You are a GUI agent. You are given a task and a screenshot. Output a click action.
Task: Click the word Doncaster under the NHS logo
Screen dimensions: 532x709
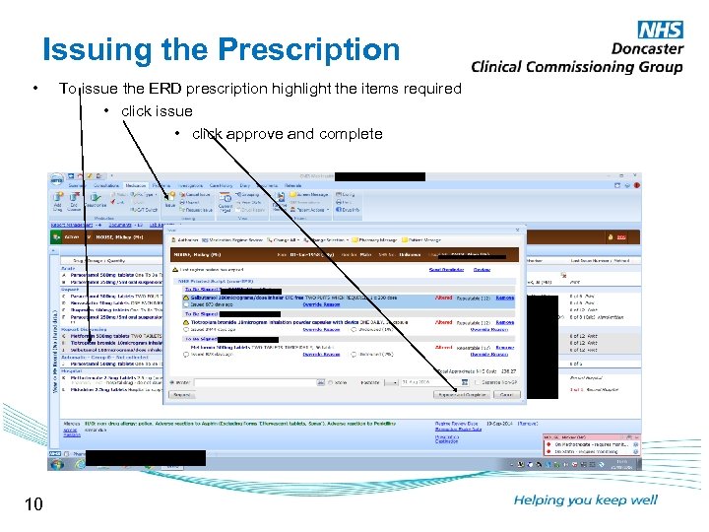(x=647, y=48)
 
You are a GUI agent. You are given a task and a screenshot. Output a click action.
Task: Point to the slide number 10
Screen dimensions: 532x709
(x=33, y=504)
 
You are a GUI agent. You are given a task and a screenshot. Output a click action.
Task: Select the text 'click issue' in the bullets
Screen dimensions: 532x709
(x=157, y=111)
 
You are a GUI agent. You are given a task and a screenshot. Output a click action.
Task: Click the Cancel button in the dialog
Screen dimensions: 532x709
(x=506, y=394)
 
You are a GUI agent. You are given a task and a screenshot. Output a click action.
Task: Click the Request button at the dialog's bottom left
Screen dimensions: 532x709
(x=182, y=394)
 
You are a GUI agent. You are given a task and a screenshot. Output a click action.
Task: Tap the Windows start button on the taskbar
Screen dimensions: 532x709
(x=57, y=462)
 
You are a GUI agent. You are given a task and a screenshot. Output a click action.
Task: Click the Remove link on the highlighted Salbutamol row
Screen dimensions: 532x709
(x=504, y=297)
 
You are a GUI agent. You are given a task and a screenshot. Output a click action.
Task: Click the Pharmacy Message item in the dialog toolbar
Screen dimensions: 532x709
(x=403, y=238)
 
